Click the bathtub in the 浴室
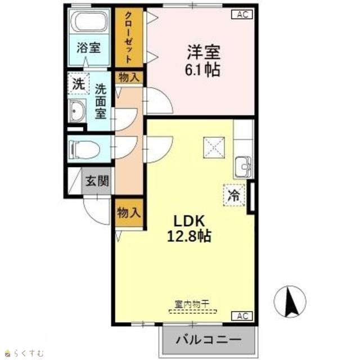[x=89, y=21]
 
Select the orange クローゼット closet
[x=129, y=38]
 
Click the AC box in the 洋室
[x=242, y=15]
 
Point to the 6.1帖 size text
[x=202, y=69]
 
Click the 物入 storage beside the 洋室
[x=129, y=78]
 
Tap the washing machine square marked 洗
[x=79, y=84]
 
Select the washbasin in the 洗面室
[x=77, y=111]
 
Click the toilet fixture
[x=84, y=150]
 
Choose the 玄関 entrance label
[x=97, y=181]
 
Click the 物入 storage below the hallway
[x=129, y=213]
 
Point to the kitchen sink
[x=243, y=166]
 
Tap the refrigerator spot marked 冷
[x=234, y=195]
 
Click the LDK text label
[x=189, y=221]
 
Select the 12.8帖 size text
[x=189, y=236]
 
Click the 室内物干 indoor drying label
[x=192, y=304]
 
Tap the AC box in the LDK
[x=242, y=316]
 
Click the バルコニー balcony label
[x=209, y=339]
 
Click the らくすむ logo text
[x=29, y=353]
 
